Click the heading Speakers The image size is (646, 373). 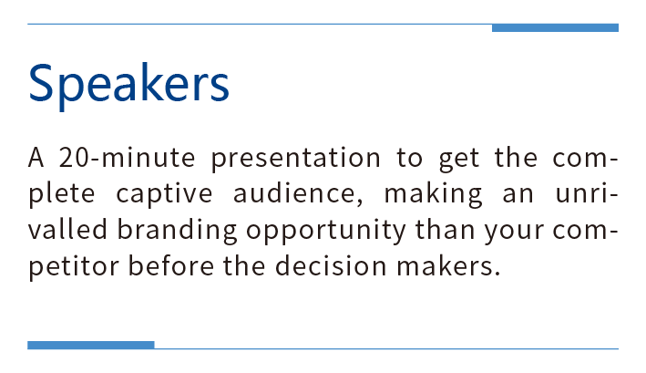[128, 86]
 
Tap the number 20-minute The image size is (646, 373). [127, 158]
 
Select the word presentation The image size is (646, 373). [296, 159]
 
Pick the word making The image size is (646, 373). [433, 194]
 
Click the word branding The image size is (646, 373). [177, 231]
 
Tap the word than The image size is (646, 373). [445, 229]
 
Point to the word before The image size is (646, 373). [171, 265]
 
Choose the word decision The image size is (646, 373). [331, 265]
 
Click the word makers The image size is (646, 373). [448, 265]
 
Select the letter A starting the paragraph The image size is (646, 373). [36, 158]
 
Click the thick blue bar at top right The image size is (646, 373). [555, 28]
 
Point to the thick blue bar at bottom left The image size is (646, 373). [91, 345]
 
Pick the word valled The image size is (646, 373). [68, 229]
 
